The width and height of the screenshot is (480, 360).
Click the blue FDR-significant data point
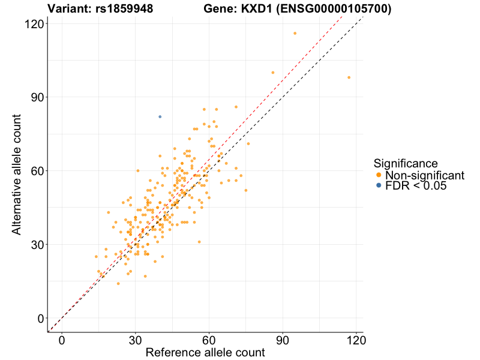pos(160,116)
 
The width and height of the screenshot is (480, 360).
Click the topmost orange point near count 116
pos(295,33)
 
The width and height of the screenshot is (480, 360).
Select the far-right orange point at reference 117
pos(349,77)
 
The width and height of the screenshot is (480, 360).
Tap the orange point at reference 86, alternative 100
pos(273,73)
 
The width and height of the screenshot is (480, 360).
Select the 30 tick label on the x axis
pos(136,339)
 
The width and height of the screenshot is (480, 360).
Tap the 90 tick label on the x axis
pos(283,339)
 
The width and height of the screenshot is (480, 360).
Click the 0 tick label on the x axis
pos(62,339)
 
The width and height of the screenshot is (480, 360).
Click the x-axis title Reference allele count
pos(205,353)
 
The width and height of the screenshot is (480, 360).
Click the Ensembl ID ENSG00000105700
pos(334,9)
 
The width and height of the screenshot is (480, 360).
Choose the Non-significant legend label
pos(425,175)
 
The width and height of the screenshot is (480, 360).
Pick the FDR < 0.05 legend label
pos(416,186)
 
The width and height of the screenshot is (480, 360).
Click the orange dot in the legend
pos(378,175)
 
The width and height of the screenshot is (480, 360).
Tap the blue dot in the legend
pos(378,186)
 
